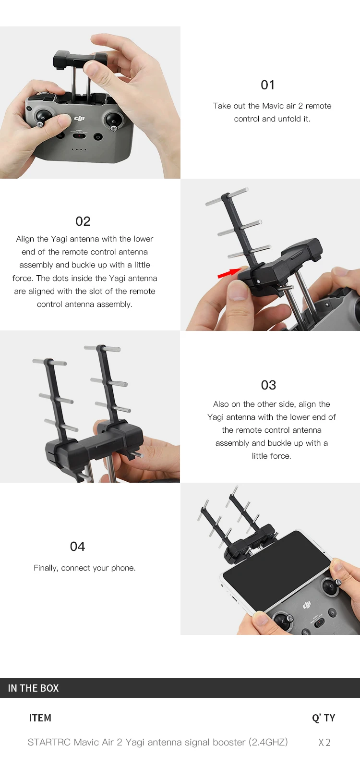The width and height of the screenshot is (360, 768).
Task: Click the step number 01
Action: [x=267, y=85]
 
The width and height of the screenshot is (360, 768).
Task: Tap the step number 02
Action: [x=83, y=221]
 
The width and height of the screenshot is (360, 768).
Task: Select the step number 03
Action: [x=268, y=385]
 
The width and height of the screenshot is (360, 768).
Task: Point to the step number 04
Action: [x=77, y=547]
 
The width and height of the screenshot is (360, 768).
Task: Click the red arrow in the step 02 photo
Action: [x=229, y=273]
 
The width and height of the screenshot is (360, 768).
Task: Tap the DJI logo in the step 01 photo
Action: [x=80, y=118]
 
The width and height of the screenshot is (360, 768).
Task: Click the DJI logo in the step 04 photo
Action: [x=307, y=606]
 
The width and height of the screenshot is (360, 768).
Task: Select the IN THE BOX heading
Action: [x=33, y=688]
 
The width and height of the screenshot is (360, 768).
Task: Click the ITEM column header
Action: [x=40, y=718]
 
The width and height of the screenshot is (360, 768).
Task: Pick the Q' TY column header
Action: [x=324, y=718]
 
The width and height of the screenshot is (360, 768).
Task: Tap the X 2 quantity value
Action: [x=324, y=743]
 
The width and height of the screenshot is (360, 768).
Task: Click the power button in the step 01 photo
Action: [x=98, y=137]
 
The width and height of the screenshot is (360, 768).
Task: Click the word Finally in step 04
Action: [x=46, y=568]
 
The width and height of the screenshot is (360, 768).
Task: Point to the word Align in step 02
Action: [x=25, y=239]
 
